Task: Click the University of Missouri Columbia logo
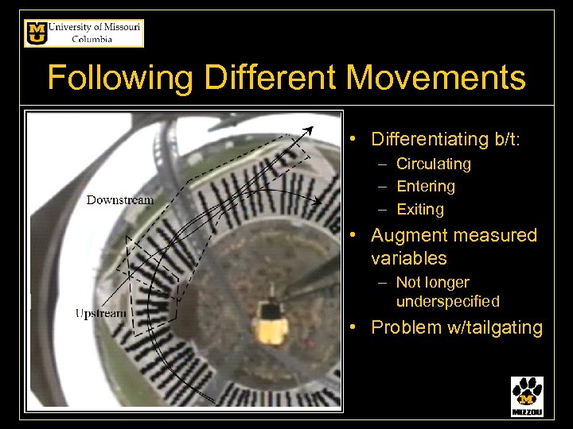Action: (84, 33)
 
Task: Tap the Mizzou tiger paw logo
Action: (527, 396)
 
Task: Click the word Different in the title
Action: (271, 79)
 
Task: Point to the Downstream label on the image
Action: (120, 199)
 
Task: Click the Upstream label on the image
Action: (100, 313)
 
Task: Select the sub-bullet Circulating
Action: (433, 164)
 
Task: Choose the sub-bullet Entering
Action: (425, 187)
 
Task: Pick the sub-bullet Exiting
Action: (419, 210)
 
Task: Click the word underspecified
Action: (447, 302)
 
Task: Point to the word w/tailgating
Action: (493, 327)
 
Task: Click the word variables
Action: (408, 259)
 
